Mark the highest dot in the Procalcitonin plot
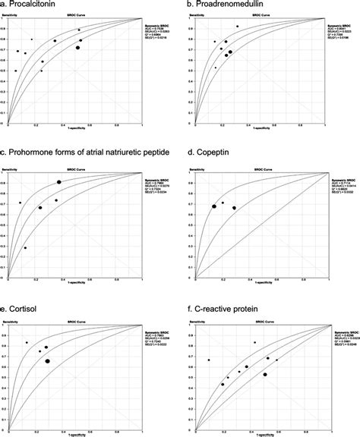coord(80,30)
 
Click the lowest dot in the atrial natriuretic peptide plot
coord(25,247)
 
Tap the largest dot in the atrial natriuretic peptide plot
coord(58,182)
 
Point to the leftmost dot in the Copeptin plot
coord(214,206)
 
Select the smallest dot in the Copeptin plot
coord(223,203)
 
